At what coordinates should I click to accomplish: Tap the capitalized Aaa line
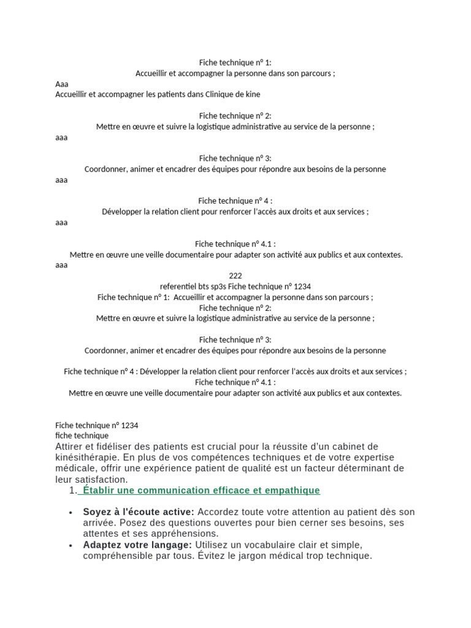point(62,84)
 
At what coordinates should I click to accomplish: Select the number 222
point(235,276)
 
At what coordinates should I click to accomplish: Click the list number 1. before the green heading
point(74,491)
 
